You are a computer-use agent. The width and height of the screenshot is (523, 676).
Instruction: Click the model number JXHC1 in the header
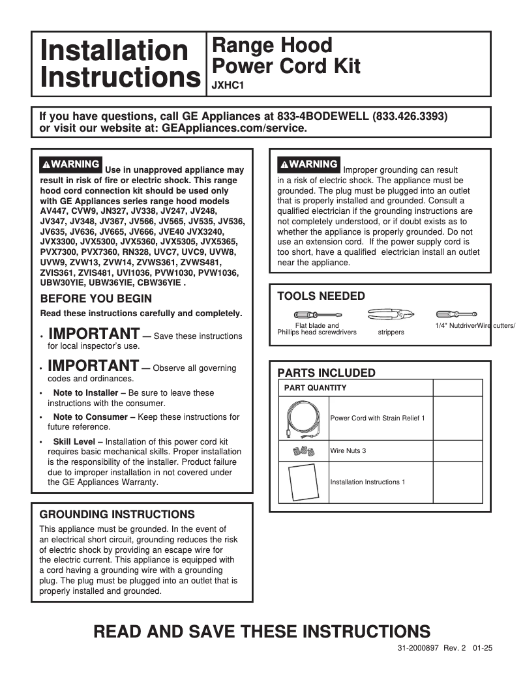point(224,83)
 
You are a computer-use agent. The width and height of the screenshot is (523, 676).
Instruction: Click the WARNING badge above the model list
point(70,164)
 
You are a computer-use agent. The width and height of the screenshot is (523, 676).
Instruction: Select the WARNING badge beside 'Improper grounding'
point(308,164)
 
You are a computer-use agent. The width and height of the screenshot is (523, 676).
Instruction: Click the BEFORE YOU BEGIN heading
point(96,299)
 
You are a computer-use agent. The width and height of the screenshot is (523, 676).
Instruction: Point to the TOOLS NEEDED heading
point(321,296)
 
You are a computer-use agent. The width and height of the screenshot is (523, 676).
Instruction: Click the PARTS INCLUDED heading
point(326,373)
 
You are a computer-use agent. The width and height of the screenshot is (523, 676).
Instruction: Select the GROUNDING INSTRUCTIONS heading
point(117,514)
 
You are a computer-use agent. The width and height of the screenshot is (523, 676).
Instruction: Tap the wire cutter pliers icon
point(390,315)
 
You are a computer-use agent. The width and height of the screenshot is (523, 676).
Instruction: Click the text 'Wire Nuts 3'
point(348,450)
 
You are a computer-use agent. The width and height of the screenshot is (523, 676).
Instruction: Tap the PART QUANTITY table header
point(315,388)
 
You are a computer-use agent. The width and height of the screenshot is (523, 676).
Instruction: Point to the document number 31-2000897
point(418,649)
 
